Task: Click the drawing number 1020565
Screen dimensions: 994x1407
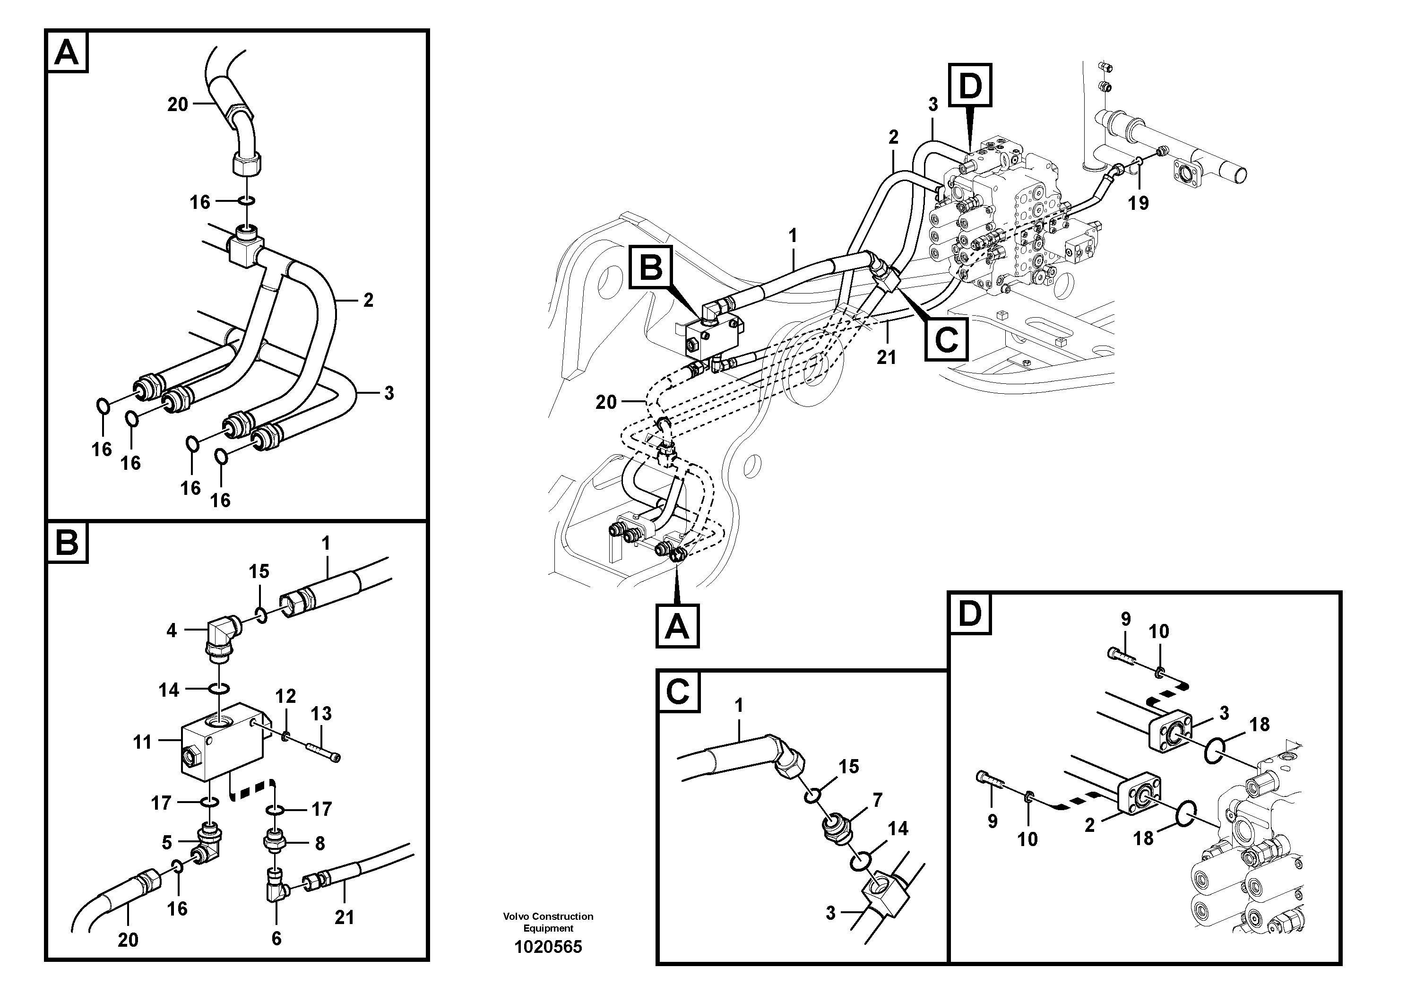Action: [548, 947]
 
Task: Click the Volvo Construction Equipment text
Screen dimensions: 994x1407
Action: [548, 922]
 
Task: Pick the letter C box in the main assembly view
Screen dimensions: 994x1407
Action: [946, 339]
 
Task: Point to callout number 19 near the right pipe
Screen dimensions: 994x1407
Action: [1138, 203]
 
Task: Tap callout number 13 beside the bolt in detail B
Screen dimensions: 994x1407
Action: [321, 713]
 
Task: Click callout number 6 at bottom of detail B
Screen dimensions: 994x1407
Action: [276, 938]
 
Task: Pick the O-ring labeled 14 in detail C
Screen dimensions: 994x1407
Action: [860, 862]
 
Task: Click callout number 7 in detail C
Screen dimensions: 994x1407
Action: [878, 800]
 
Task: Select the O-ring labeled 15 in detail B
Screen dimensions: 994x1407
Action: [260, 614]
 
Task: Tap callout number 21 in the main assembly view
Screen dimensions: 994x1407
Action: [886, 357]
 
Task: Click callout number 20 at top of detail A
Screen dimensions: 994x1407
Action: [178, 105]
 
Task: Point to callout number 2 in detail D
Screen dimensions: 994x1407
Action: [1089, 825]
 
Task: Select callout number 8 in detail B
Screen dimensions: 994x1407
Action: [319, 844]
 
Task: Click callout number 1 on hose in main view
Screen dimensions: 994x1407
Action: [793, 235]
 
